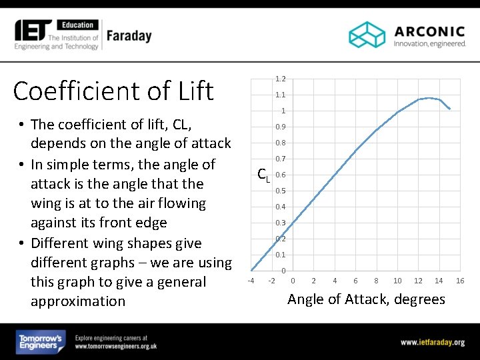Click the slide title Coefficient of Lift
pyautogui.click(x=113, y=91)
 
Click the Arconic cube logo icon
pyautogui.click(x=367, y=35)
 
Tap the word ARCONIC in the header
pyautogui.click(x=429, y=31)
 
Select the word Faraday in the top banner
pyautogui.click(x=129, y=35)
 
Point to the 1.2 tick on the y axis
pyautogui.click(x=281, y=79)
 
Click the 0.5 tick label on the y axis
pyautogui.click(x=281, y=191)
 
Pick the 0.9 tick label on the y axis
pyautogui.click(x=281, y=127)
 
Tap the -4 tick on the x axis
pyautogui.click(x=251, y=281)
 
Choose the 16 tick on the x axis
pyautogui.click(x=460, y=281)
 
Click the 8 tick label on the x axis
pyautogui.click(x=377, y=281)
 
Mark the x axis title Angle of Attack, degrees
pyautogui.click(x=366, y=299)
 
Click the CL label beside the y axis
pyautogui.click(x=264, y=175)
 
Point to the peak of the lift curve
pyautogui.click(x=429, y=98)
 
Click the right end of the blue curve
pyautogui.click(x=450, y=109)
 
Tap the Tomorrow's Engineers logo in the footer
pyautogui.click(x=41, y=342)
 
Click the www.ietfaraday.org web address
pyautogui.click(x=432, y=342)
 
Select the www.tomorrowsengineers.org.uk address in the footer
pyautogui.click(x=116, y=347)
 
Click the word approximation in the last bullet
pyautogui.click(x=77, y=301)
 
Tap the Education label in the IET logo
pyautogui.click(x=79, y=25)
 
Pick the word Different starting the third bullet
pyautogui.click(x=65, y=243)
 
